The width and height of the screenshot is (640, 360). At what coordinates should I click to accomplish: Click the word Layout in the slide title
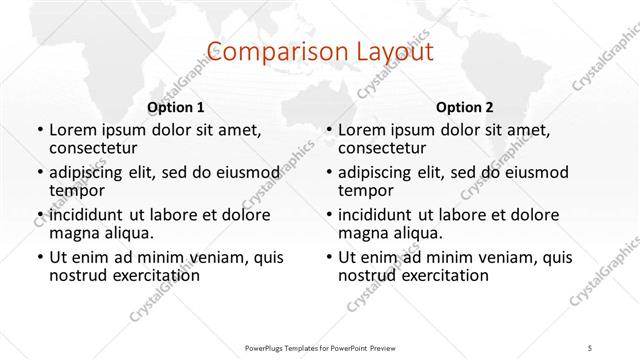coord(394,51)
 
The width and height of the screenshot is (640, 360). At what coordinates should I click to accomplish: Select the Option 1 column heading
coord(175,107)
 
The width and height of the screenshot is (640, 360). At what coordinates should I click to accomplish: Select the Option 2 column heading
coord(464,107)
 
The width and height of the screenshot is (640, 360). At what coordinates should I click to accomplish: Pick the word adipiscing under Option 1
coord(91,172)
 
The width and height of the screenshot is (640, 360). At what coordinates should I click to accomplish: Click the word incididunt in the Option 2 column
coord(384,214)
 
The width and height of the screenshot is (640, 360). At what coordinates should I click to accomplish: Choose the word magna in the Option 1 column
coord(73,233)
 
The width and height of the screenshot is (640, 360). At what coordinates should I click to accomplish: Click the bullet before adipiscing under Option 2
coord(330,173)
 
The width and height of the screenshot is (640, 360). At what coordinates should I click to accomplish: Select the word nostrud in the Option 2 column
coord(368,275)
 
